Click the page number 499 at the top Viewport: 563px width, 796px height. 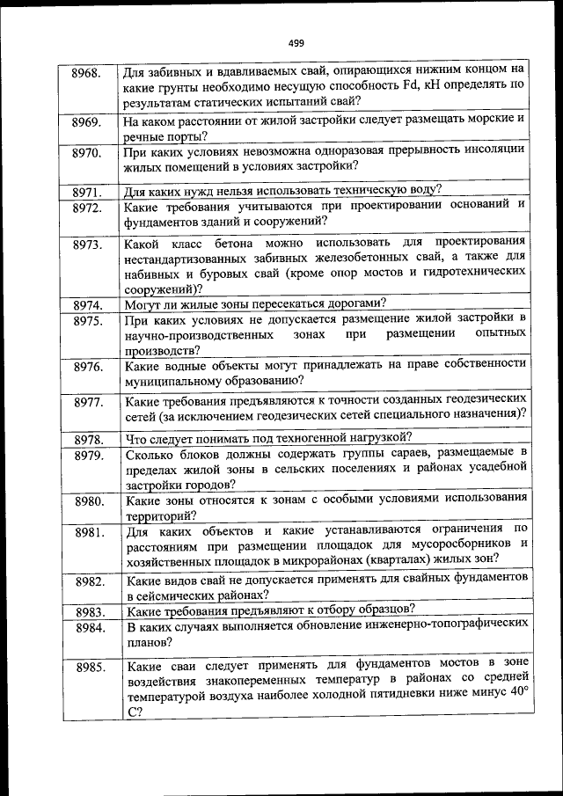point(296,43)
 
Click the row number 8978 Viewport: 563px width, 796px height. point(89,439)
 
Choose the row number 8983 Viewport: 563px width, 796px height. point(90,611)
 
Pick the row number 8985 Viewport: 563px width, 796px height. point(91,666)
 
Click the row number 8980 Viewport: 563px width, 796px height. point(90,501)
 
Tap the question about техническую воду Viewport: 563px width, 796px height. point(281,189)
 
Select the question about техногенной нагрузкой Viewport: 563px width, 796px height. point(269,437)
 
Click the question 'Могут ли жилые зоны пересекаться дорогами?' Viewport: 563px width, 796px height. point(256,303)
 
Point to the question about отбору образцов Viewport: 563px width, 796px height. point(271,610)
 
